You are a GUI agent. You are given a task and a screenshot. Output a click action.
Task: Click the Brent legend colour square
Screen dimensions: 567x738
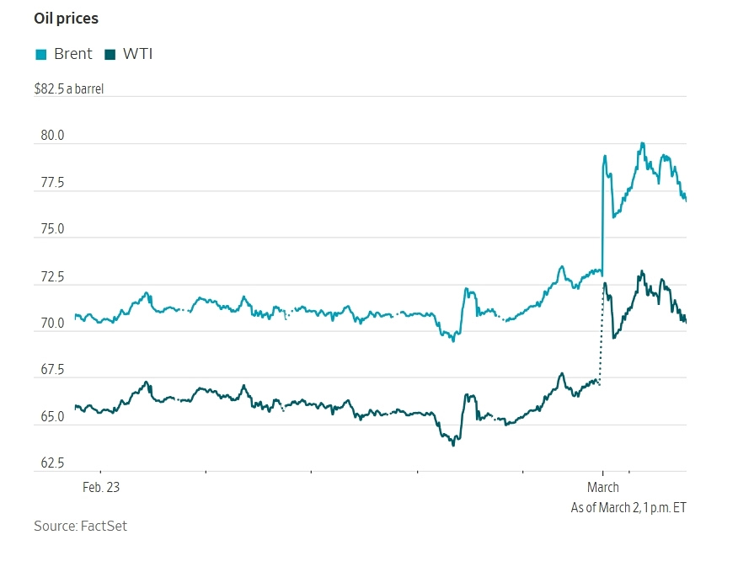[40, 55]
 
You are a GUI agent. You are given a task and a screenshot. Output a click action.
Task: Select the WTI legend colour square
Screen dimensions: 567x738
[110, 55]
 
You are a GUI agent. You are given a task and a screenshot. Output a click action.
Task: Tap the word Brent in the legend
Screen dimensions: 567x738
[72, 55]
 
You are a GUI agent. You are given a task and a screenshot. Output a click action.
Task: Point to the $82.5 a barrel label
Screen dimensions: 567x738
[69, 88]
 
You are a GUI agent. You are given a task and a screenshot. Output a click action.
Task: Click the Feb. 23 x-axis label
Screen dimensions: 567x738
[100, 487]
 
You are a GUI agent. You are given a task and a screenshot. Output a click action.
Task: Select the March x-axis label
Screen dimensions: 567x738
[602, 487]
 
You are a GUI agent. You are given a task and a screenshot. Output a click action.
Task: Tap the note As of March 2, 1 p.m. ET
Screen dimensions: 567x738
[628, 507]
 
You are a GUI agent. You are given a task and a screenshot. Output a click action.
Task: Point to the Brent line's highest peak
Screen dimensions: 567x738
[642, 144]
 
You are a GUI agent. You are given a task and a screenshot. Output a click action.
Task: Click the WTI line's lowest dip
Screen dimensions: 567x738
[453, 443]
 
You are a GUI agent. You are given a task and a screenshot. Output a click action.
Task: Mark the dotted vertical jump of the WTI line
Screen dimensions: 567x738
[601, 337]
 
